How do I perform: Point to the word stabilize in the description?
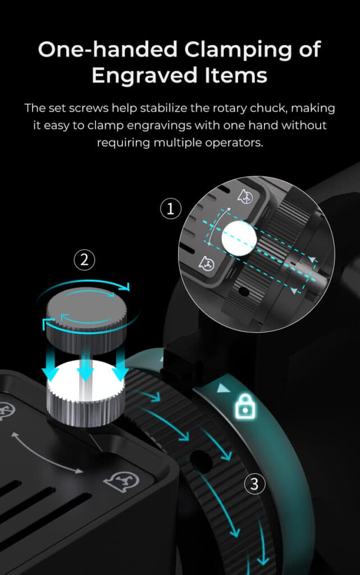click(164, 108)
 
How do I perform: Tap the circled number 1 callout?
click(171, 210)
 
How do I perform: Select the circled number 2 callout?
click(84, 260)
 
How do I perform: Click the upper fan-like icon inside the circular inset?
click(245, 196)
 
